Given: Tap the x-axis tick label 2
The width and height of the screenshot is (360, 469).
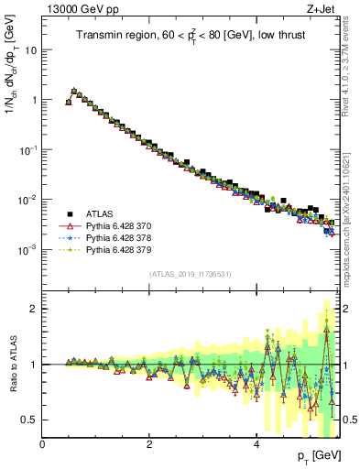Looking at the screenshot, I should (149, 444).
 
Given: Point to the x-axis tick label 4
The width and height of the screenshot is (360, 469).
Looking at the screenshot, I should (256, 444).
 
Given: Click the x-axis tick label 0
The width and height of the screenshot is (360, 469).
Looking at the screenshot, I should (42, 444).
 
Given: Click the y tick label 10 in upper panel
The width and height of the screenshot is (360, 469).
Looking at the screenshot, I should (30, 50).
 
